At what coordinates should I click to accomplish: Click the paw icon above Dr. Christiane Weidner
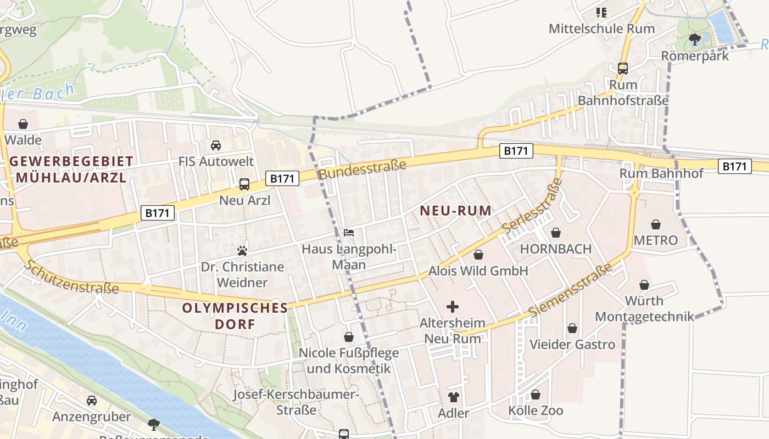point(242,251)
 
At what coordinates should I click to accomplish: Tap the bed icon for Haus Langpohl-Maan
point(349,233)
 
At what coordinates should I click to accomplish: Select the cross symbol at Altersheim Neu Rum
point(453,307)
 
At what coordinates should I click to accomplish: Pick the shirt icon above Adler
point(454,397)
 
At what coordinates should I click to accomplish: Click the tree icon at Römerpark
point(694,39)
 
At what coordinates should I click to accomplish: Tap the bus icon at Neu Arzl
point(244,184)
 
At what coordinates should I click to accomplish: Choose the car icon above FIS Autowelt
point(216,145)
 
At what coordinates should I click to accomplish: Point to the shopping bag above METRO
point(655,224)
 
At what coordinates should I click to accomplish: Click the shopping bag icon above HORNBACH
point(556,233)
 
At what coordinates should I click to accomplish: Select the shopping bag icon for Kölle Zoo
point(536,395)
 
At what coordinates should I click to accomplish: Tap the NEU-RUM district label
point(455,211)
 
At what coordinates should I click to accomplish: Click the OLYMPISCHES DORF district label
point(235,316)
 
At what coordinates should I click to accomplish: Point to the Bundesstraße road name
point(362,169)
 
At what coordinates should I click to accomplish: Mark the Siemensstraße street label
point(571,290)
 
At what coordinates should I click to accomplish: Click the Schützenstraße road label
point(71,277)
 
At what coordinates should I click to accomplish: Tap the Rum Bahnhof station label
point(661,173)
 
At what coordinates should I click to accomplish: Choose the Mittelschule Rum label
point(602,29)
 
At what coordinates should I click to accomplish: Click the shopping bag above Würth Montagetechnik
point(644,285)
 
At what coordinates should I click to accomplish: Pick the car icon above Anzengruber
point(92,401)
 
